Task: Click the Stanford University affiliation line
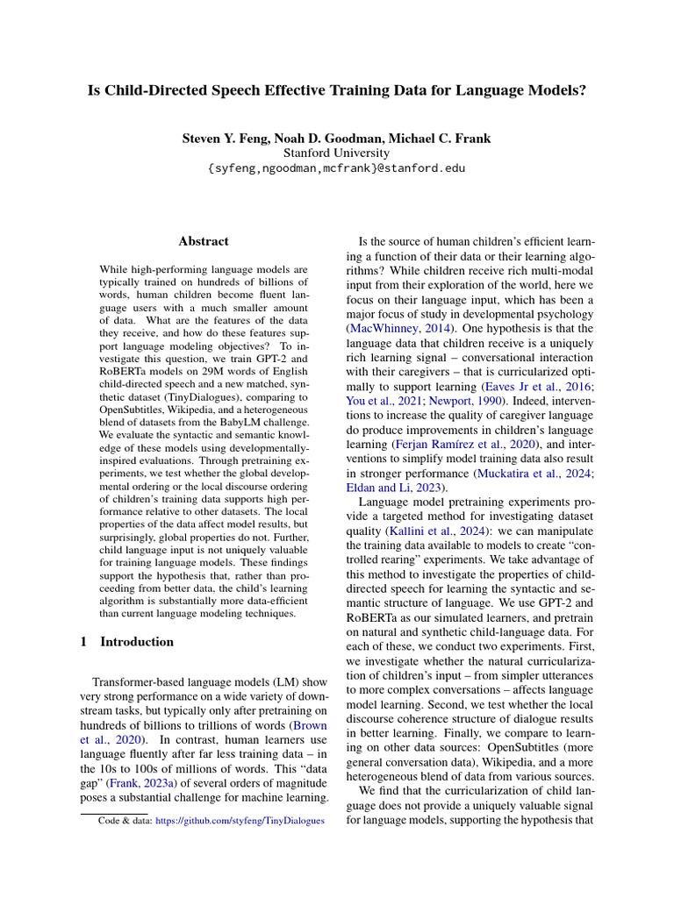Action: tap(337, 153)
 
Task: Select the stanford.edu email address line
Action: tap(337, 168)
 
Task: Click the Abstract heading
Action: tap(204, 241)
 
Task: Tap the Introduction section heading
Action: tap(137, 642)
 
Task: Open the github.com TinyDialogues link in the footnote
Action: tap(240, 821)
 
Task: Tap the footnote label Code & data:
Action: tap(125, 821)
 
